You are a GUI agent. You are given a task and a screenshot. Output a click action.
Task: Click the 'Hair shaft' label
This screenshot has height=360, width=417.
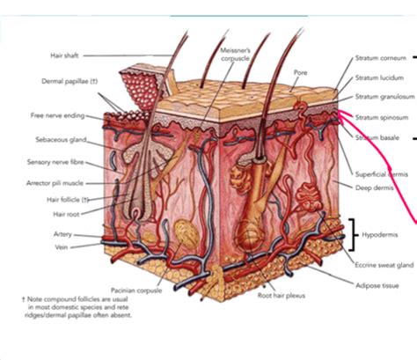click(x=64, y=55)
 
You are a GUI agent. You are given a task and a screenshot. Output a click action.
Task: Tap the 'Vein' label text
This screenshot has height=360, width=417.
click(x=69, y=248)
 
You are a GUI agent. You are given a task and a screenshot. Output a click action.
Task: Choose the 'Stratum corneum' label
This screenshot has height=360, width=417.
click(x=380, y=58)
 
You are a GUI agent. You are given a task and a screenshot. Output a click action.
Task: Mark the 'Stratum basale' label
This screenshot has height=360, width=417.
click(x=376, y=137)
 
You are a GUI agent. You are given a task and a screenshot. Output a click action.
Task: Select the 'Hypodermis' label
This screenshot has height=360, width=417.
click(x=379, y=235)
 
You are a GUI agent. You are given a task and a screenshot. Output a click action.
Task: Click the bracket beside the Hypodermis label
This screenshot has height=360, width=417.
click(x=352, y=234)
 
